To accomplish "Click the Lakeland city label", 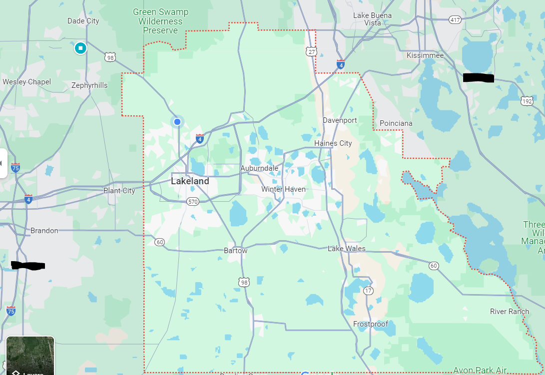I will pyautogui.click(x=190, y=181).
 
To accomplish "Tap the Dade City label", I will pyautogui.click(x=83, y=21).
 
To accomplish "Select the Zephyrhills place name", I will pyautogui.click(x=89, y=85).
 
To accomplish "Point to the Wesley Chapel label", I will pyautogui.click(x=26, y=82).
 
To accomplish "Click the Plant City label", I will pyautogui.click(x=119, y=191).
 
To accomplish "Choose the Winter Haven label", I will pyautogui.click(x=283, y=189).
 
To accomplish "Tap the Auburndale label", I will pyautogui.click(x=259, y=168).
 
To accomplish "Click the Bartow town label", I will pyautogui.click(x=235, y=251).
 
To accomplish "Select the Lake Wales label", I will pyautogui.click(x=347, y=249).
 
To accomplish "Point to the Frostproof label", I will pyautogui.click(x=371, y=324).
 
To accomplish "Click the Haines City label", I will pyautogui.click(x=333, y=143).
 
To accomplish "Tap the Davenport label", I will pyautogui.click(x=340, y=120).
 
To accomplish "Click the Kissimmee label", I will pyautogui.click(x=425, y=55).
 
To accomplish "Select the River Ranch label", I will pyautogui.click(x=510, y=312).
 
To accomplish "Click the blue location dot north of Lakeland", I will pyautogui.click(x=177, y=122).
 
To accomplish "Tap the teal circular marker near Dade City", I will pyautogui.click(x=80, y=48).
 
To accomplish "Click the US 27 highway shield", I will pyautogui.click(x=312, y=51).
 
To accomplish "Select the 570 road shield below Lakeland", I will pyautogui.click(x=193, y=202).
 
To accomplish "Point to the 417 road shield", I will pyautogui.click(x=455, y=20).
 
